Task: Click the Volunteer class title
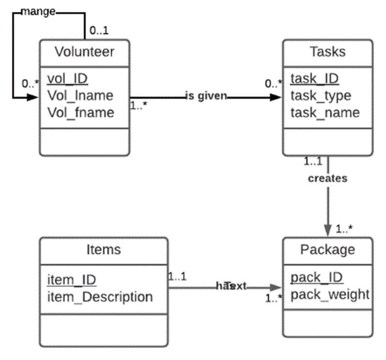point(84,51)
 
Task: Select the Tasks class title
point(327,51)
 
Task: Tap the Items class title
point(103,250)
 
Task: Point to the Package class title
point(327,250)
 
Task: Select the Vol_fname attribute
point(80,112)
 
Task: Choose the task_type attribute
point(320,96)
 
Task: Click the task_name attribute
point(325,112)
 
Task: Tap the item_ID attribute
point(71,279)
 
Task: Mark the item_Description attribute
point(100,296)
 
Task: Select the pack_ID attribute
point(317,277)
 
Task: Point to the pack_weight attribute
point(330,294)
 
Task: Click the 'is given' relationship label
point(206,96)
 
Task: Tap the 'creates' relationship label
point(328,178)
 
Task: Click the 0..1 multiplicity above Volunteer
point(99,30)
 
